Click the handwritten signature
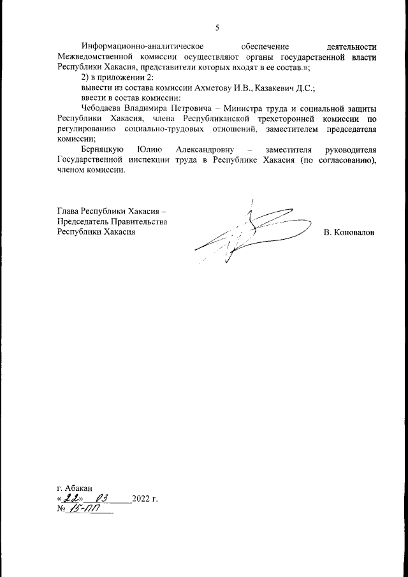click(249, 233)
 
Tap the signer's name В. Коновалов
click(349, 232)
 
